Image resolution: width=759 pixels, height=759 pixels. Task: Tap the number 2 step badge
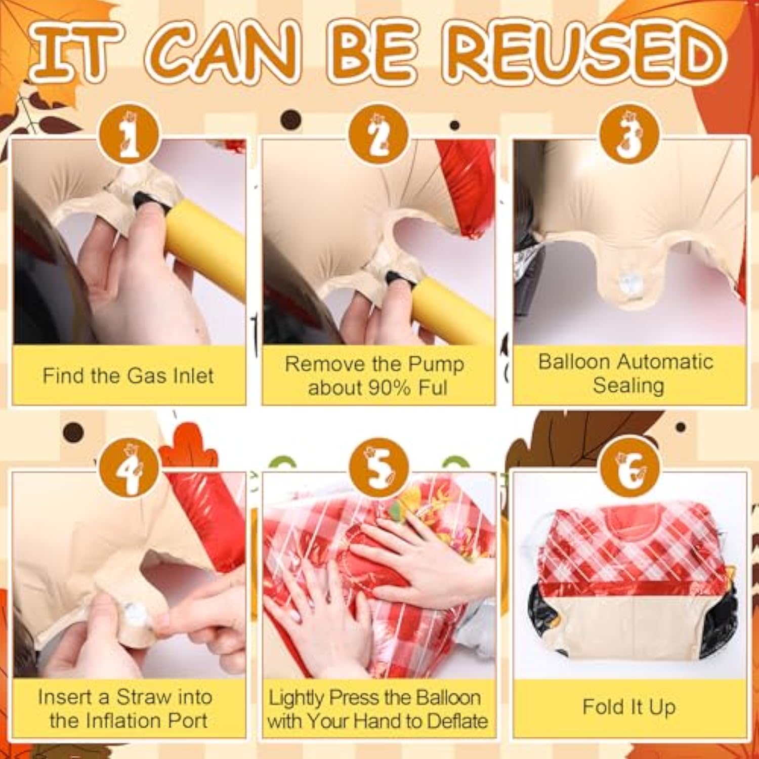coord(378,134)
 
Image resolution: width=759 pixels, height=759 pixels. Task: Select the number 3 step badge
coord(629,134)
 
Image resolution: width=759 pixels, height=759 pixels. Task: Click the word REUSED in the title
coord(587,54)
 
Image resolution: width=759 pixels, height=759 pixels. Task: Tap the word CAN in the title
coord(220,54)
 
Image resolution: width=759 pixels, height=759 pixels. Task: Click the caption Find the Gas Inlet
coord(128,376)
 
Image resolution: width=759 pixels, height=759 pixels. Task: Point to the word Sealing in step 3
coord(628,386)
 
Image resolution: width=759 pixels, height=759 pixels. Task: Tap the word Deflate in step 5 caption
coord(457,721)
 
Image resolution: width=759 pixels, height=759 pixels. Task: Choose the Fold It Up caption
coord(629,707)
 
